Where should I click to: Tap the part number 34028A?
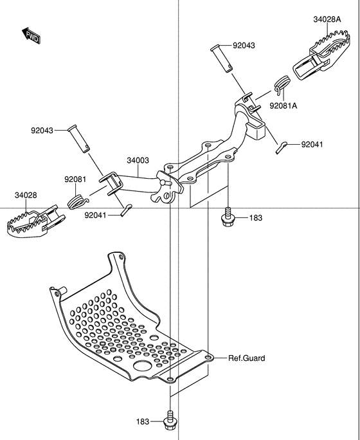coord(328,20)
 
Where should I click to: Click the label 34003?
coord(138,160)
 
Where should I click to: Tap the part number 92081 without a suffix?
coord(75,179)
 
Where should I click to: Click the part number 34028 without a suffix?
coord(26,195)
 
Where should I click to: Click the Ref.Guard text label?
coord(246,358)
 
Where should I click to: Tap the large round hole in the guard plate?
coord(141,366)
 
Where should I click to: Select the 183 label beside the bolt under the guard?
coord(143,422)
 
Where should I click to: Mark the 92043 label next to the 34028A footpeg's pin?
coord(244,46)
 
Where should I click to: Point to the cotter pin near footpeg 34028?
coord(126,209)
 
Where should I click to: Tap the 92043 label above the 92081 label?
coord(42,131)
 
